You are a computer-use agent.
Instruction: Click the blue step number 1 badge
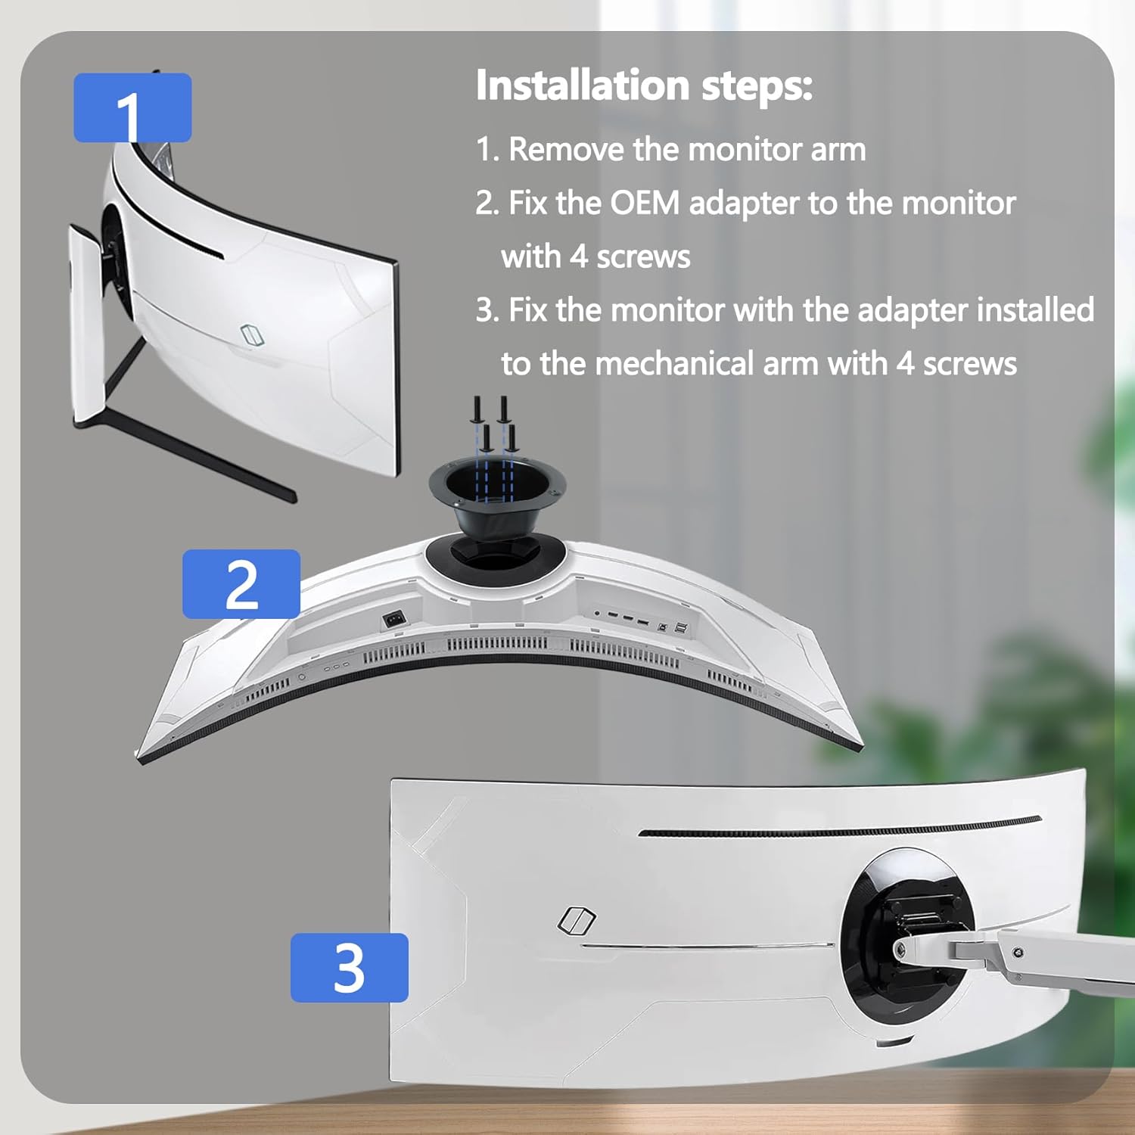[132, 107]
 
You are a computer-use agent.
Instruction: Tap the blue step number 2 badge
[241, 583]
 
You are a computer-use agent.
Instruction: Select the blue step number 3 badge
[349, 967]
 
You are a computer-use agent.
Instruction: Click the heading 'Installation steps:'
[644, 85]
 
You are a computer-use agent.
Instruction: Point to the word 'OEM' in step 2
[645, 203]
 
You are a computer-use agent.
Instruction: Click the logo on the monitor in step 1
[250, 334]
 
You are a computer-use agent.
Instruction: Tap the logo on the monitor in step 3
[577, 920]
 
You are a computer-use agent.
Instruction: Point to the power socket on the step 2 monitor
[394, 619]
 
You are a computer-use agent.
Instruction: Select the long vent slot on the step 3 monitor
[840, 827]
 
